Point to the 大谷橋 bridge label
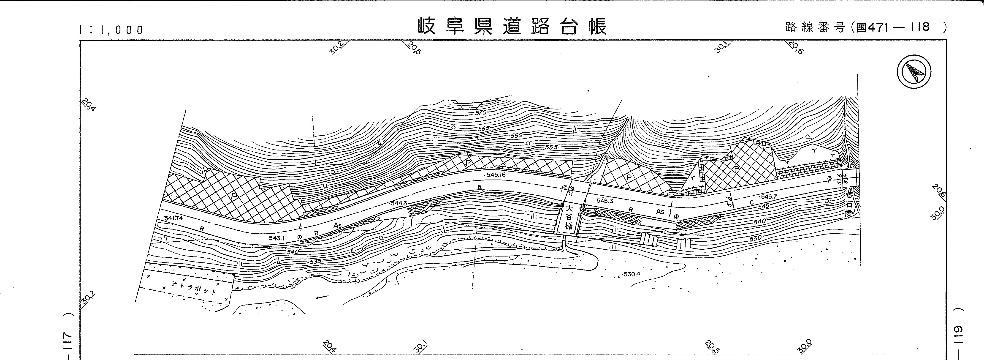tap(569, 217)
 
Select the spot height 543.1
tap(276, 238)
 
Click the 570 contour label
tap(481, 113)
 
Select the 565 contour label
tap(483, 129)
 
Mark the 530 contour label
tap(755, 238)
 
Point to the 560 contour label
tap(516, 135)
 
